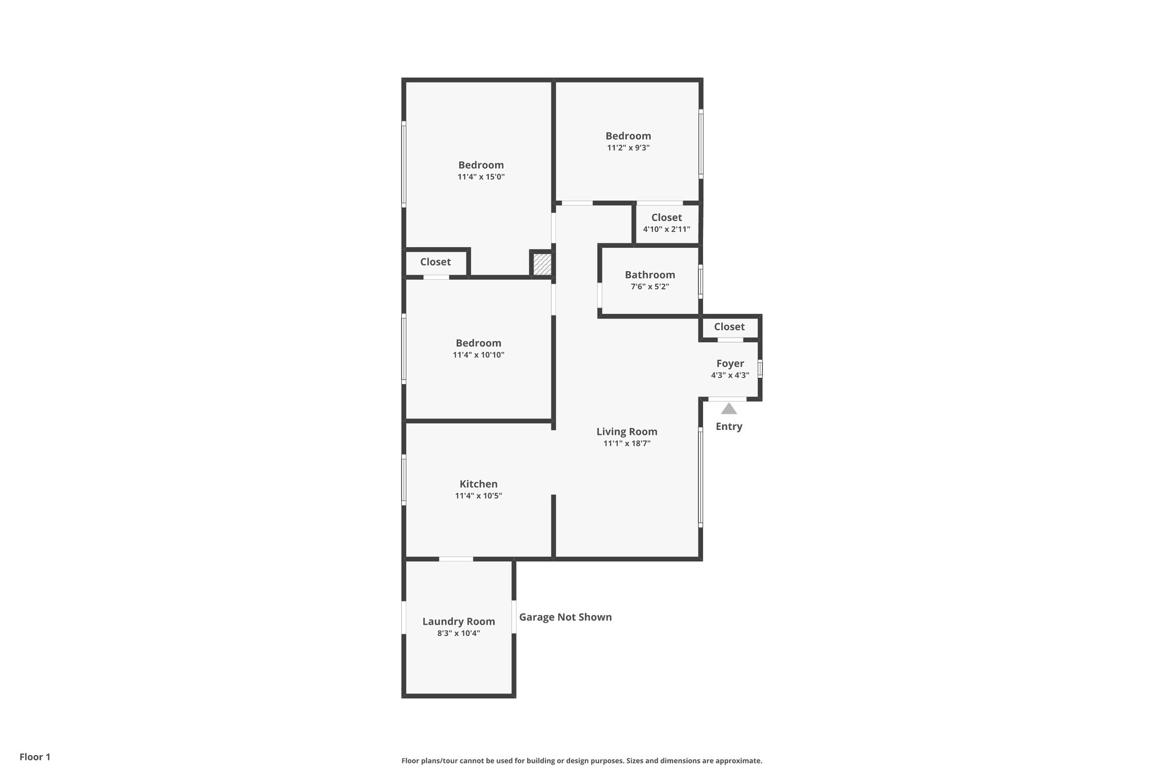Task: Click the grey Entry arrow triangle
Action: (729, 409)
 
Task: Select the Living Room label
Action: (626, 431)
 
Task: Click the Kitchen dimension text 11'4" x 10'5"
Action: (478, 496)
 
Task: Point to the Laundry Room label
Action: (458, 621)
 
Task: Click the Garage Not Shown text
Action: (565, 617)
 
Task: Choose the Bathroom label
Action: (650, 275)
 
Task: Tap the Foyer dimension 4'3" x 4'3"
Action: (730, 375)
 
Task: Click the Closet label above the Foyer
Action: (729, 326)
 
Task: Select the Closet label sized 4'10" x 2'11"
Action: (666, 217)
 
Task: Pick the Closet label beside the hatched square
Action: (435, 262)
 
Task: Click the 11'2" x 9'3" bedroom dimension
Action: (628, 148)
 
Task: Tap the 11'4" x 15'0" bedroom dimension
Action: (481, 177)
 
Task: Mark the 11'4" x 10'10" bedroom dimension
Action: (478, 355)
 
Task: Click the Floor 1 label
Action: (35, 757)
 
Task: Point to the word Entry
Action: (729, 426)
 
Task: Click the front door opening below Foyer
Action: (727, 399)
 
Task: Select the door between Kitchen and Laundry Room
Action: (456, 559)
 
